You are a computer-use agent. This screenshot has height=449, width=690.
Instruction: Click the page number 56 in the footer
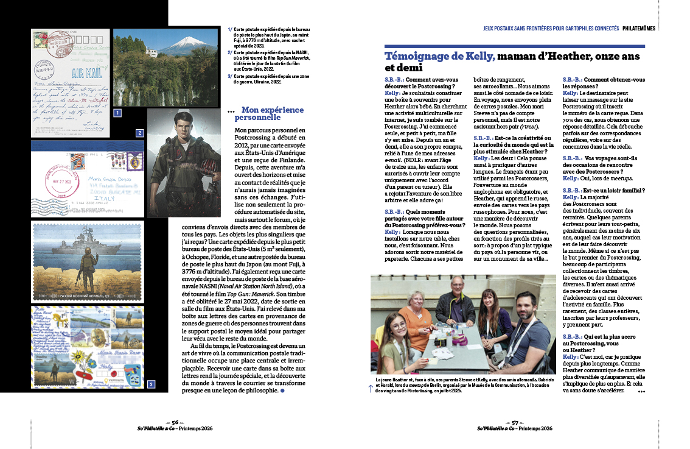[x=175, y=422]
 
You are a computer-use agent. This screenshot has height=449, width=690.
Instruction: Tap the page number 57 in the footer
[x=514, y=422]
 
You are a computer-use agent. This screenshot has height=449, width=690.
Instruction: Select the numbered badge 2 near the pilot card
[x=139, y=133]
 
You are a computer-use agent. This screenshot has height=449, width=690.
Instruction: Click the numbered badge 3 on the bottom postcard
[x=151, y=384]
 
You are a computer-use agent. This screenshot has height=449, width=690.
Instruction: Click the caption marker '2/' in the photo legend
[x=230, y=52]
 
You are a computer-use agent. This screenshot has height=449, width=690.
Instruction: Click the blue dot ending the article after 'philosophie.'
[x=282, y=390]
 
